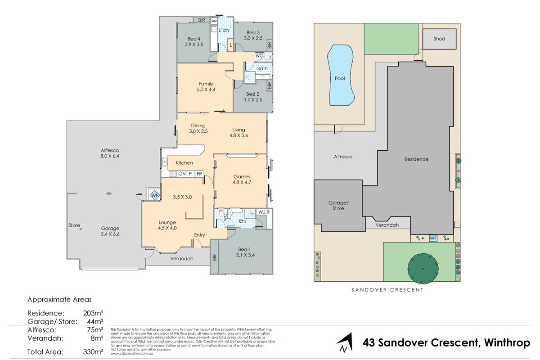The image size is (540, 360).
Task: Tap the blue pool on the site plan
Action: [341, 76]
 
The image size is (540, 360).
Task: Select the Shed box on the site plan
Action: [439, 39]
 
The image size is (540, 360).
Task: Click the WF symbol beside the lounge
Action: [154, 195]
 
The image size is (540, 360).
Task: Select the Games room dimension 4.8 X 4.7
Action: [242, 183]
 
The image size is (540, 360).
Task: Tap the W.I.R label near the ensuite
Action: [263, 212]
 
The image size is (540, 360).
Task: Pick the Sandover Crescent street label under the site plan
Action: [387, 290]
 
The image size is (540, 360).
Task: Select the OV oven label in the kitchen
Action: [182, 173]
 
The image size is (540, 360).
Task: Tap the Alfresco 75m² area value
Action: [94, 329]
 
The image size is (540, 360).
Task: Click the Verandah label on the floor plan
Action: [181, 259]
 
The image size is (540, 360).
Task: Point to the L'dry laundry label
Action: [225, 30]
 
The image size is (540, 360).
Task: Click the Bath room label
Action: [262, 68]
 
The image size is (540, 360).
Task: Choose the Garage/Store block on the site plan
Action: [338, 206]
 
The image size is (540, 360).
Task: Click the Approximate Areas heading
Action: [60, 299]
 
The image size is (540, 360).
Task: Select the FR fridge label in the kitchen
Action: [199, 173]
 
